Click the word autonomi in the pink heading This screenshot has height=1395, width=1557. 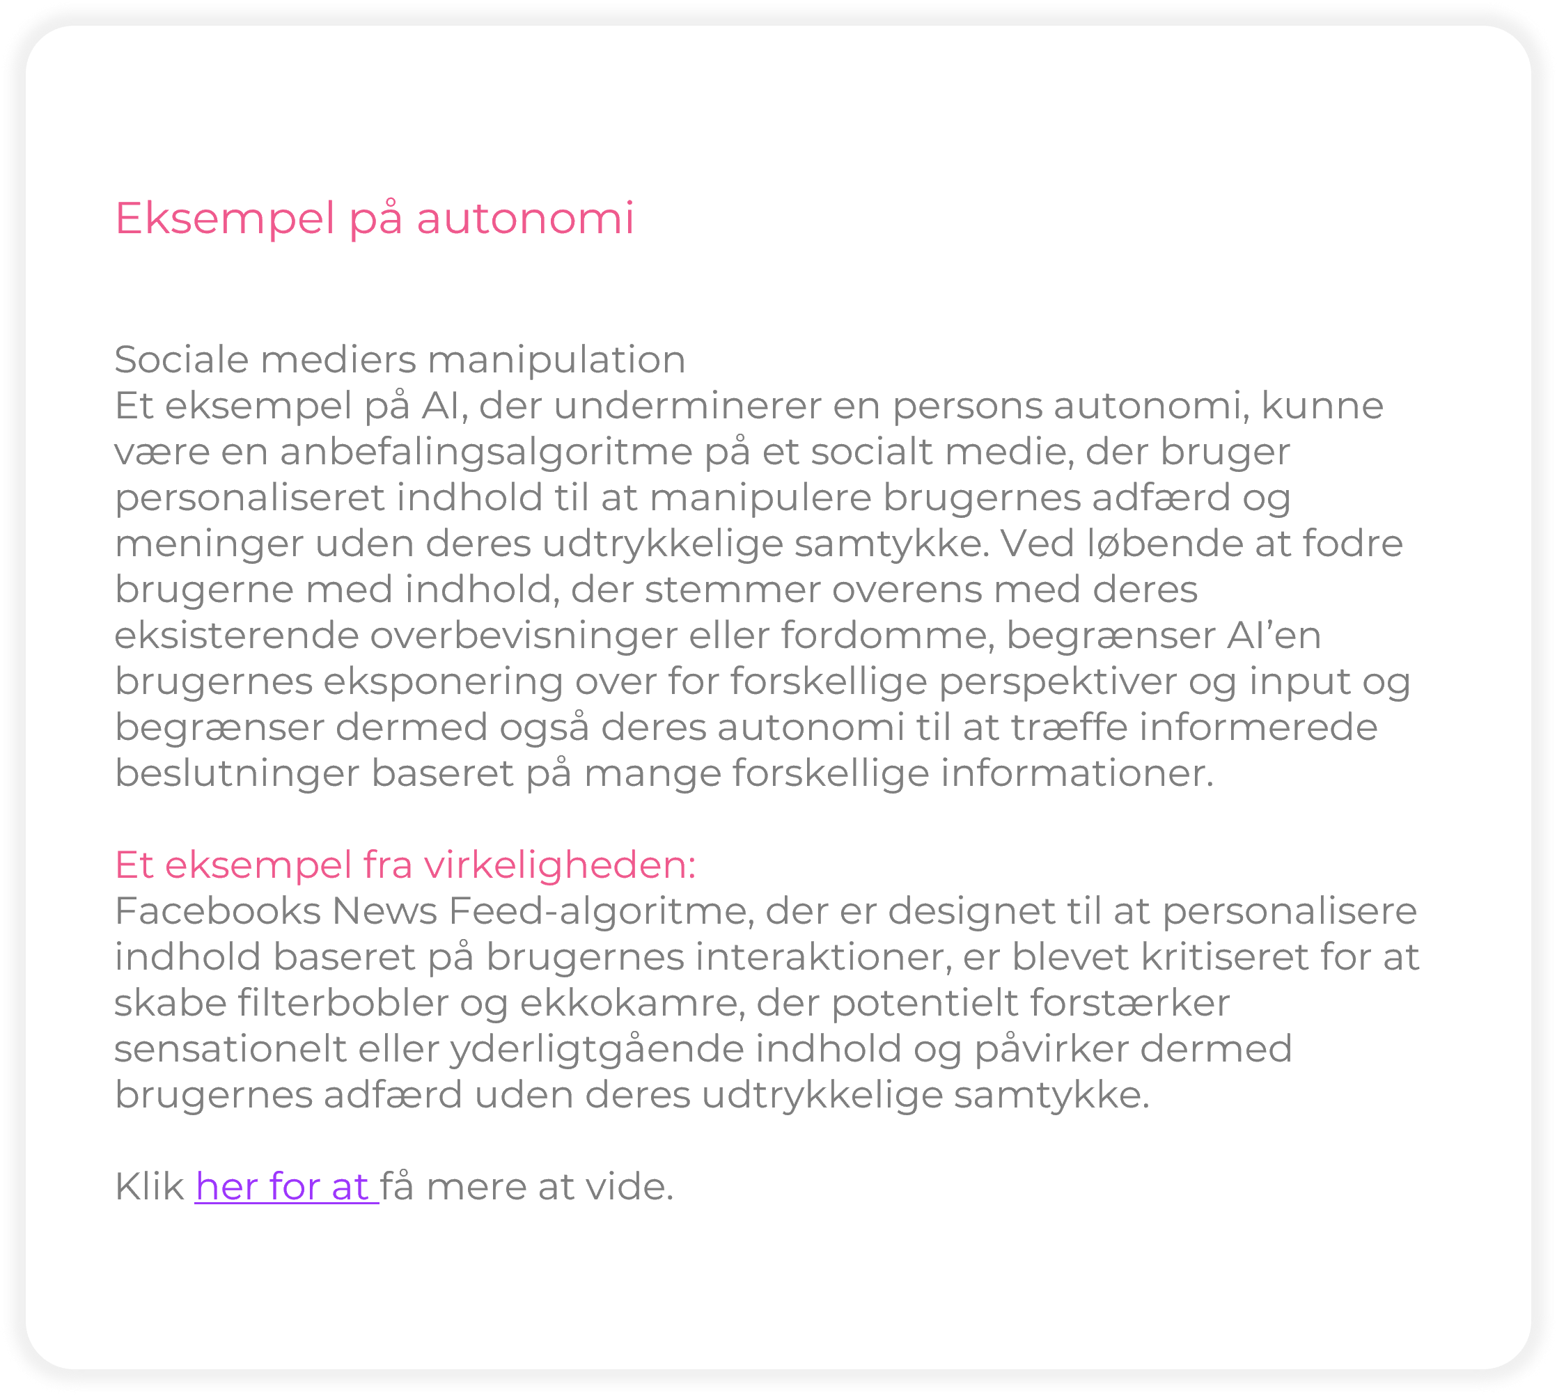[x=525, y=219]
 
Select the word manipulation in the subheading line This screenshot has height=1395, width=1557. [x=556, y=359]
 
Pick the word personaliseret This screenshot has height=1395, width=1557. [x=249, y=498]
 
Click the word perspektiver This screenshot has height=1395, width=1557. [x=1058, y=681]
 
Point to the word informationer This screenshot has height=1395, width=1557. [x=1077, y=773]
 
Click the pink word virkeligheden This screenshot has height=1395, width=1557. [x=559, y=865]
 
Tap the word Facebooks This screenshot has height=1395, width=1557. [x=218, y=911]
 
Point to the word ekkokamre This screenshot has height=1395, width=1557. [x=632, y=1003]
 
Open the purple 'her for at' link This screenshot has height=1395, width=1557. [x=286, y=1188]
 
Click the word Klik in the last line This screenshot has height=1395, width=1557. [x=149, y=1188]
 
